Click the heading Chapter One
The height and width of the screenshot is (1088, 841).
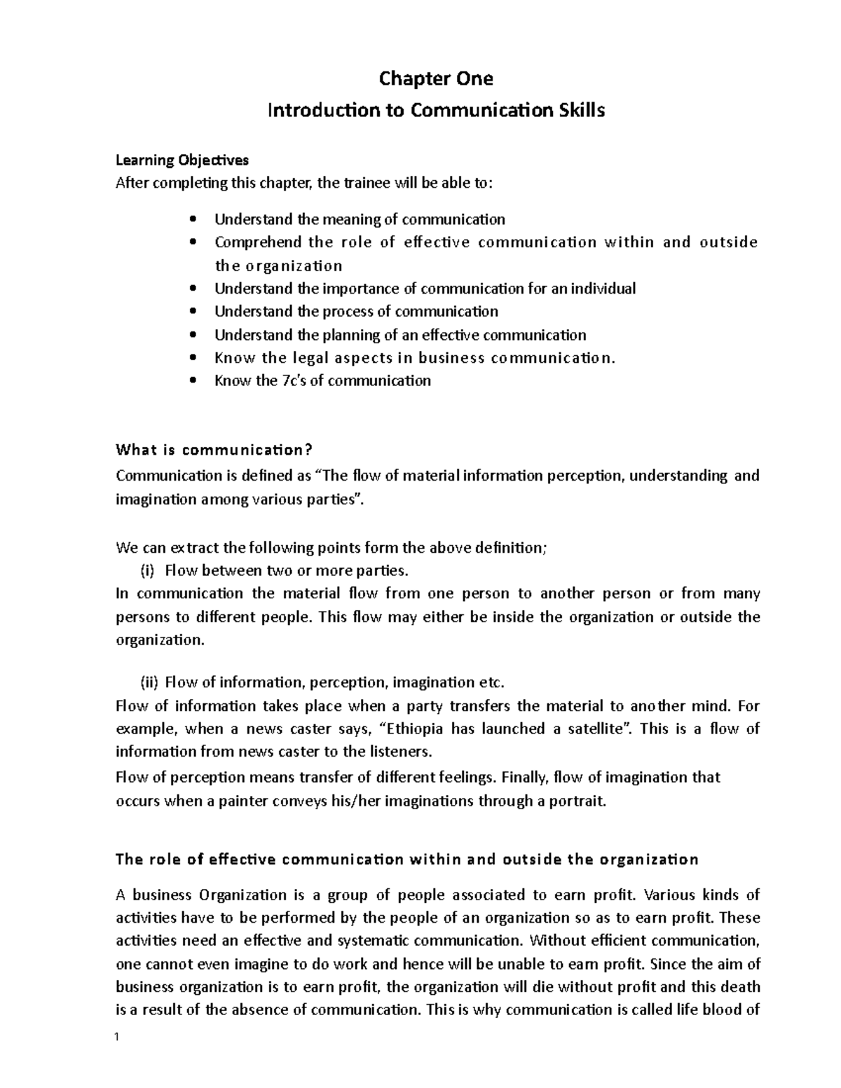coord(435,79)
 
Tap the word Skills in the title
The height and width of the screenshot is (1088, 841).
coord(581,111)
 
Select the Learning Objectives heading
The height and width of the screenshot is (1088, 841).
coord(182,160)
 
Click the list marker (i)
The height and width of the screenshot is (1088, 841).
coord(147,570)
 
